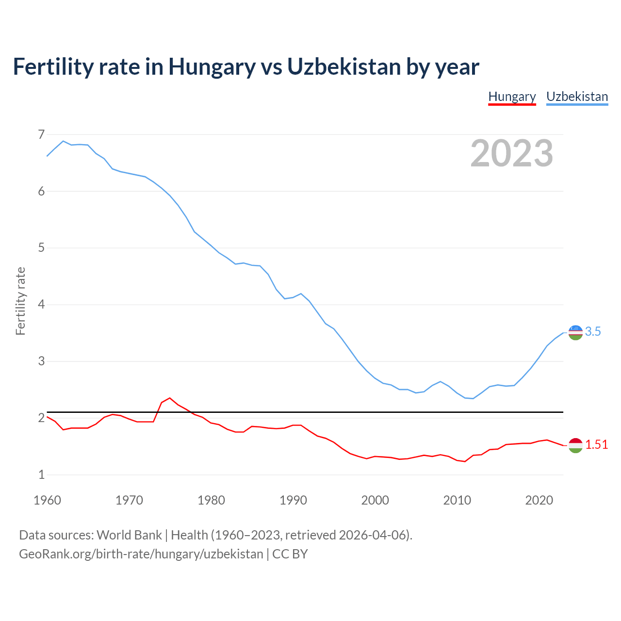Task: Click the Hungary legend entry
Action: (512, 97)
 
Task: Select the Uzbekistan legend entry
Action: (577, 97)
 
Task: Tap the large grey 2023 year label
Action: (512, 153)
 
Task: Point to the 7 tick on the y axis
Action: (41, 134)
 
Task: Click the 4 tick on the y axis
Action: (41, 305)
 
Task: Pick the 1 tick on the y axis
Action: (41, 475)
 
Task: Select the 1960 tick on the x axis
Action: (47, 500)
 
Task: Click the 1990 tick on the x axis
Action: (293, 500)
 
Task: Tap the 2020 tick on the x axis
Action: (539, 500)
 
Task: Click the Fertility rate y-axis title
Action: (20, 301)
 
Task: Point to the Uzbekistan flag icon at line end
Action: (575, 332)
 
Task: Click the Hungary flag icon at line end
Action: (575, 445)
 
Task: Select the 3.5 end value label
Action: (593, 332)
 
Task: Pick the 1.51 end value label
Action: (596, 445)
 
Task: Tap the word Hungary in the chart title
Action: (212, 67)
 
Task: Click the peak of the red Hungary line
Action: (170, 398)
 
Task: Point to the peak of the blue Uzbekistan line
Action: (63, 141)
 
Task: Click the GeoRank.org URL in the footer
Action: (141, 554)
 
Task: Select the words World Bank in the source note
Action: (129, 535)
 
